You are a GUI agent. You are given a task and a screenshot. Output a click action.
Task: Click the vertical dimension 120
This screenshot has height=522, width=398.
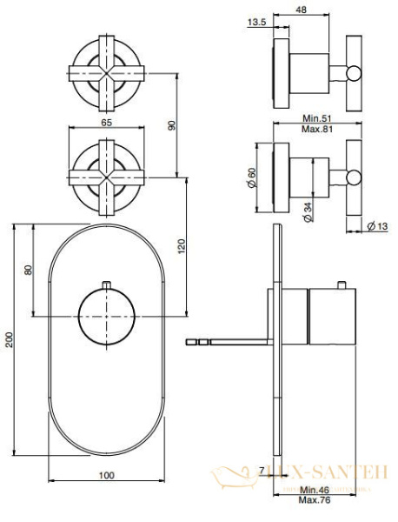click(x=181, y=245)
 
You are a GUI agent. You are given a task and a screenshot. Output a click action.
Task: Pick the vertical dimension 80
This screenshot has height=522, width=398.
click(x=29, y=270)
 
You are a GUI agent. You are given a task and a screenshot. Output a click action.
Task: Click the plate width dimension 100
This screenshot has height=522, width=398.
click(x=105, y=475)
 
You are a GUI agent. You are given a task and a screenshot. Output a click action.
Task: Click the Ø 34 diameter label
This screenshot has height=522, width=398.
click(x=308, y=213)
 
